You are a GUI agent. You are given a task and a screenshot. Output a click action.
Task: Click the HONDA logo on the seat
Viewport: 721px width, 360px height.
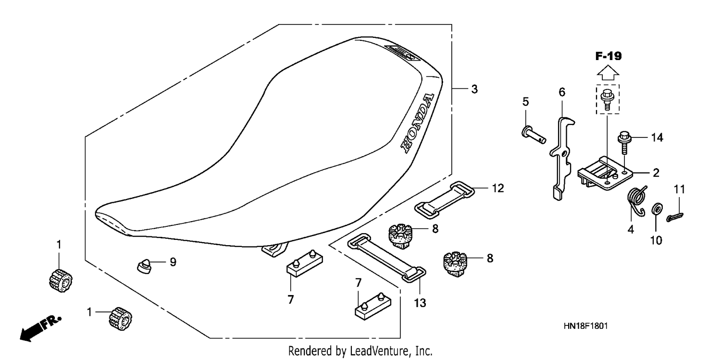[x=417, y=123]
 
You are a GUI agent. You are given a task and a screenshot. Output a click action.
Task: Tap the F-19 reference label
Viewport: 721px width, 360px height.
[x=608, y=56]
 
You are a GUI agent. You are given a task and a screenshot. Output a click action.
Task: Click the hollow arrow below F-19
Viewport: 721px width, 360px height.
[x=608, y=73]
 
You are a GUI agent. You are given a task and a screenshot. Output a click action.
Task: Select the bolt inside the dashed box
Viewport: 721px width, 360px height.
[x=608, y=99]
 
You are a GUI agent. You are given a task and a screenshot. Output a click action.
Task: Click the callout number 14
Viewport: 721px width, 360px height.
[x=657, y=137]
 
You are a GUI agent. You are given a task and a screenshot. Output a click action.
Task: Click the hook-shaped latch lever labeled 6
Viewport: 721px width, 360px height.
[x=562, y=158]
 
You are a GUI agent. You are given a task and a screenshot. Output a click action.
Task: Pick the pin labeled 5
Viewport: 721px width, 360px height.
[x=534, y=135]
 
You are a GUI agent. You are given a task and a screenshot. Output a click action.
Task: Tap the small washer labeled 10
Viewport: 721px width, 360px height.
[x=657, y=209]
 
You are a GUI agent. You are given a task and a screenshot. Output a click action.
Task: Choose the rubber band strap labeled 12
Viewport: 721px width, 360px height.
[x=444, y=200]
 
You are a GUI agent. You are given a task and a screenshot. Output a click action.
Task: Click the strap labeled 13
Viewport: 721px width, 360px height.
[x=387, y=258]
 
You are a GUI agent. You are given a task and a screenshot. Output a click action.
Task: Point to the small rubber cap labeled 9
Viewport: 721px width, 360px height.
[x=144, y=266]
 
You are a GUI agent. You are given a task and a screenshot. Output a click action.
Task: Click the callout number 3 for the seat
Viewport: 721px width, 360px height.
[x=474, y=89]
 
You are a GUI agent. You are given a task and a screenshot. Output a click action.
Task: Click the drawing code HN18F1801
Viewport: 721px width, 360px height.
[x=585, y=326]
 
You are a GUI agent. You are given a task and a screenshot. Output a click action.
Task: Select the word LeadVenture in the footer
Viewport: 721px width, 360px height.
[x=379, y=351]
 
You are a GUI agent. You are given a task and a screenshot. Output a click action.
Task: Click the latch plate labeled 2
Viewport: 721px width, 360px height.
[x=605, y=173]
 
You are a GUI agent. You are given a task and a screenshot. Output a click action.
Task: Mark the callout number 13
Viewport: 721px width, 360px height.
[x=420, y=303]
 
